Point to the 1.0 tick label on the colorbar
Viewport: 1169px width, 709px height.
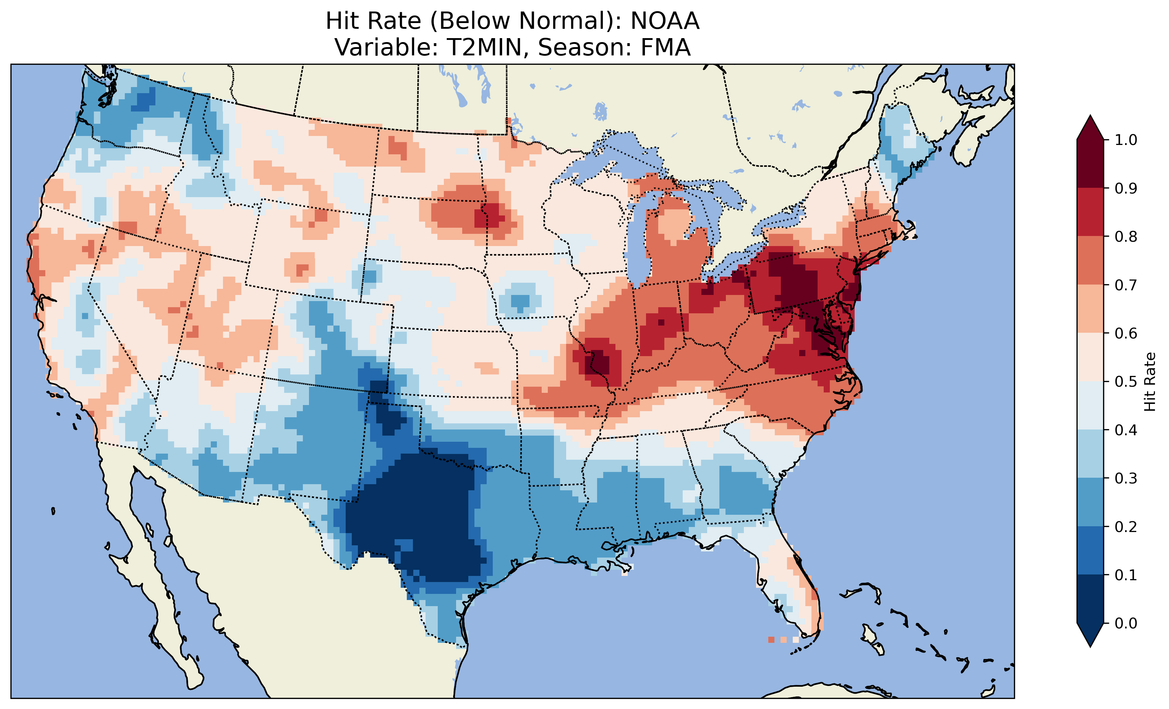(x=1126, y=140)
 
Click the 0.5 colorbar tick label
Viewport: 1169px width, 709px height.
(x=1126, y=382)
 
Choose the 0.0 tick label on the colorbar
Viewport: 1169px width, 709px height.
(x=1126, y=623)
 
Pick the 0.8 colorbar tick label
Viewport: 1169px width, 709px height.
(x=1126, y=236)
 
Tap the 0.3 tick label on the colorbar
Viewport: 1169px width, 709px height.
(x=1126, y=478)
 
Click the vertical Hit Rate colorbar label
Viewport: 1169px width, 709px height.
(x=1150, y=382)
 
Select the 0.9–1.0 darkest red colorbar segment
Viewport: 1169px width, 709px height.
(x=1090, y=164)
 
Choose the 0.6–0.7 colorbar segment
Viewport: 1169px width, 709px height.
(x=1090, y=309)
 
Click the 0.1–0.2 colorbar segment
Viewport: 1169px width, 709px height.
(x=1090, y=550)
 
